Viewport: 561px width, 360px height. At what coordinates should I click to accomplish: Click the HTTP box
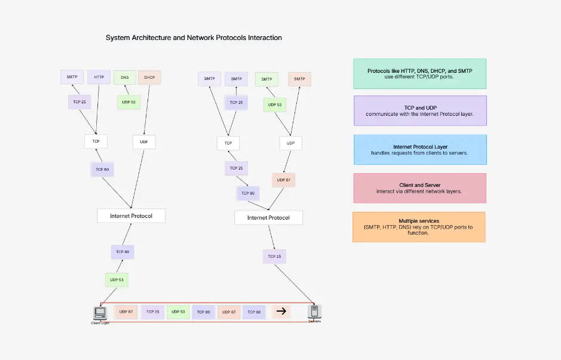(x=99, y=77)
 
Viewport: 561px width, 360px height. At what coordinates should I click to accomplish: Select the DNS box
(x=125, y=77)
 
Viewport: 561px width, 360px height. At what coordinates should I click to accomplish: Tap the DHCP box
(x=149, y=77)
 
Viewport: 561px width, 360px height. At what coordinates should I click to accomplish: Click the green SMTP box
(x=266, y=79)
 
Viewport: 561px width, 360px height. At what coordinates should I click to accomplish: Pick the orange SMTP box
(x=299, y=79)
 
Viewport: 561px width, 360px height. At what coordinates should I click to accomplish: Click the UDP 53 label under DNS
(x=128, y=102)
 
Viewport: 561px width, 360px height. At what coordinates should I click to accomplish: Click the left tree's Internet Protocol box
(x=131, y=216)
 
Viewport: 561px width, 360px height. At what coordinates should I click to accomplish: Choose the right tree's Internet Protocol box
(x=268, y=218)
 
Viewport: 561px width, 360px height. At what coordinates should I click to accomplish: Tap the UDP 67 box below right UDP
(x=284, y=180)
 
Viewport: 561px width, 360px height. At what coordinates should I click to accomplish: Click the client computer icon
(x=100, y=312)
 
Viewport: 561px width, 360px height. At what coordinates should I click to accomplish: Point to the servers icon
(x=314, y=311)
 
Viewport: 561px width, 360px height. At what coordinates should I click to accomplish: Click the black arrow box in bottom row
(x=281, y=312)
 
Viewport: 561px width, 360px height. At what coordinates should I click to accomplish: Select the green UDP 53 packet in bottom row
(x=177, y=312)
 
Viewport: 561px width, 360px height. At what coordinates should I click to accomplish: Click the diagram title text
(x=194, y=38)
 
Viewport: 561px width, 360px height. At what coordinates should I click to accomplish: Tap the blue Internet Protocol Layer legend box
(x=420, y=150)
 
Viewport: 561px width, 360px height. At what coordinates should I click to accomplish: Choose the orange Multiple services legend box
(x=419, y=227)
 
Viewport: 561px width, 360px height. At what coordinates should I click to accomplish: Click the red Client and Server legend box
(x=420, y=188)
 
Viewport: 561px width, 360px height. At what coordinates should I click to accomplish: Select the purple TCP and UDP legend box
(x=420, y=110)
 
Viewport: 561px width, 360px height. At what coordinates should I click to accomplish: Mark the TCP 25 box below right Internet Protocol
(x=274, y=257)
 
